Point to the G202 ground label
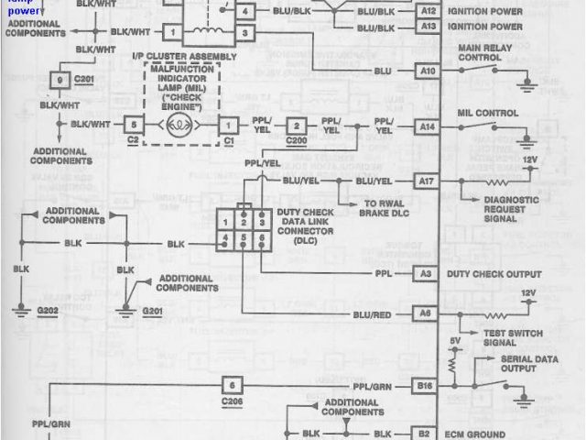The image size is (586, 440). pyautogui.click(x=22, y=312)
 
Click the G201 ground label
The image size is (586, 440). pyautogui.click(x=154, y=312)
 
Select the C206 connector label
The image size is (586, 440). pyautogui.click(x=233, y=401)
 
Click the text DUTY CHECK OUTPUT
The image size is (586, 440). pyautogui.click(x=494, y=273)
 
